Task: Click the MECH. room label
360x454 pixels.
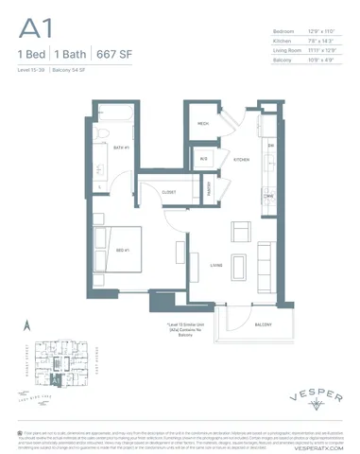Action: (203, 124)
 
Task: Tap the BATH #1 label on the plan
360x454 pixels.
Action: (121, 148)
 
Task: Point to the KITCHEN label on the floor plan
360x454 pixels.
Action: (241, 160)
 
